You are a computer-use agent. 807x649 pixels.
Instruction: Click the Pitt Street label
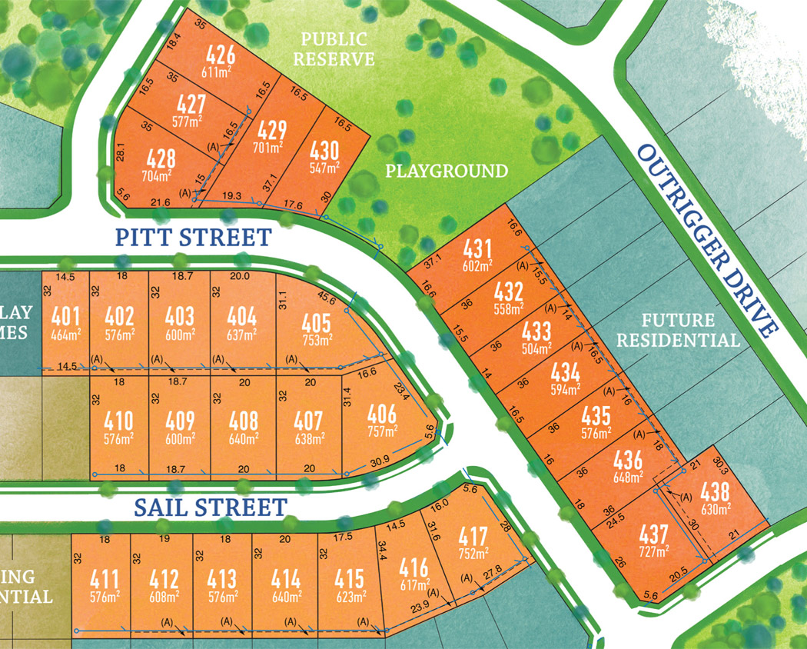coord(193,236)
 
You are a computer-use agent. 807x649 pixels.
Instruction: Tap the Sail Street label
coord(210,507)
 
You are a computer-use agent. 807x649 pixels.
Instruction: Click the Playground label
coord(447,171)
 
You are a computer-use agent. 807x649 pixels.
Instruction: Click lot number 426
coord(221,55)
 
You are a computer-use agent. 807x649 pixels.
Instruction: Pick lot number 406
coord(382,414)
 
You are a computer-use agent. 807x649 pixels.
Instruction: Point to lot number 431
coord(477,250)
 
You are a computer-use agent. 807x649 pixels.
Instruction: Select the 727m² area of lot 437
coord(652,549)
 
